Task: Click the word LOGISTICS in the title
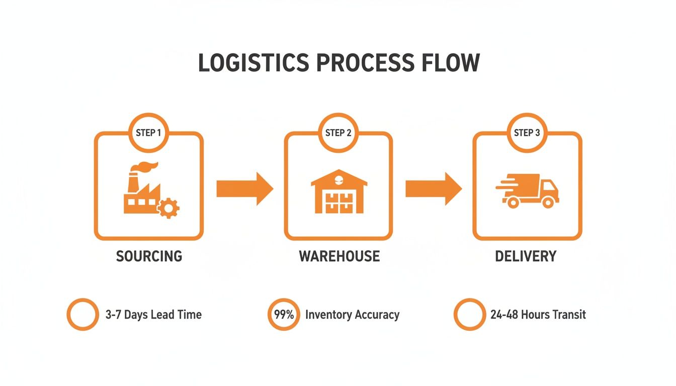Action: click(x=253, y=63)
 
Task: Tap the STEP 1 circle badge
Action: click(x=148, y=133)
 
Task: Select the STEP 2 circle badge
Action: click(x=338, y=133)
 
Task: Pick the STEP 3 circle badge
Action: click(x=527, y=133)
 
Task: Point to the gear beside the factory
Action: click(x=168, y=208)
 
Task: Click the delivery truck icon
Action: click(x=528, y=191)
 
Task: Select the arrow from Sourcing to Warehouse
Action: click(x=244, y=189)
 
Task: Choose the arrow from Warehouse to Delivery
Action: click(x=433, y=189)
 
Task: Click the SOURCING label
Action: click(x=149, y=256)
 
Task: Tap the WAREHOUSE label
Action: click(x=339, y=256)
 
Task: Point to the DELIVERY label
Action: click(x=526, y=256)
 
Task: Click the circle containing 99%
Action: click(x=284, y=315)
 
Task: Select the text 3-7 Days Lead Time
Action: click(x=153, y=315)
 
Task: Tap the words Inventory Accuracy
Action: click(x=352, y=315)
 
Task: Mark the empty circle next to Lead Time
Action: click(x=82, y=315)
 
